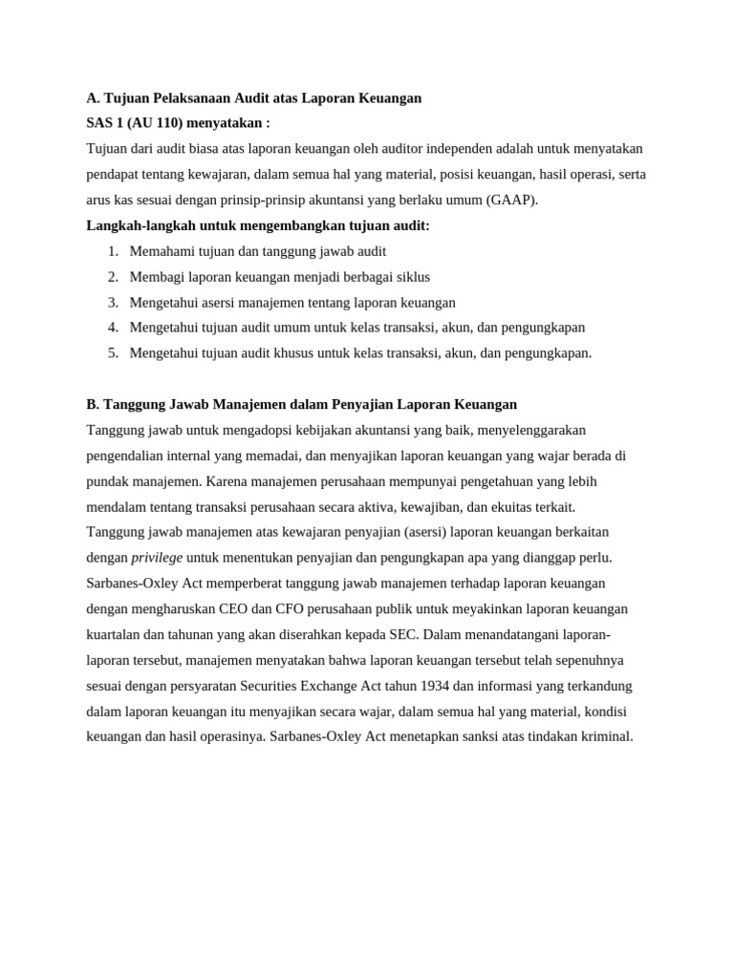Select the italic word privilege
pyautogui.click(x=157, y=558)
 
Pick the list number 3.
pyautogui.click(x=113, y=303)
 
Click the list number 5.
pyautogui.click(x=113, y=353)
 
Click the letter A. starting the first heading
pyautogui.click(x=93, y=98)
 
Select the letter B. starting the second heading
pyautogui.click(x=93, y=405)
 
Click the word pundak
pyautogui.click(x=109, y=481)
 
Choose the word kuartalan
pyautogui.click(x=118, y=634)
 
